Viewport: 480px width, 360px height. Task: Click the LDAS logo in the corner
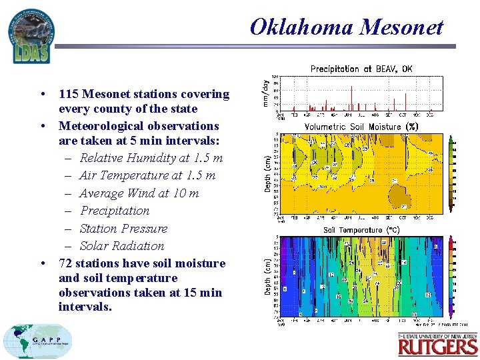(31, 37)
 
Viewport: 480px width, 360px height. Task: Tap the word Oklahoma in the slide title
(301, 27)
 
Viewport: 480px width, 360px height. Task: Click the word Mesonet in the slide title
(401, 27)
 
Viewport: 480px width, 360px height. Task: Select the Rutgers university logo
(437, 345)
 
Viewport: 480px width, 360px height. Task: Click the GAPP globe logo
(37, 341)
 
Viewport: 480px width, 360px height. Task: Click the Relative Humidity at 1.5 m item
(151, 158)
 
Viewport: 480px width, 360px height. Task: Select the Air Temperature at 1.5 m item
(147, 175)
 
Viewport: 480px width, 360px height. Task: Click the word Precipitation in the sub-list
(115, 211)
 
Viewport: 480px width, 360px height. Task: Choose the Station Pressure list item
(123, 228)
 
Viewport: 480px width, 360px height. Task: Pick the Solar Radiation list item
(121, 245)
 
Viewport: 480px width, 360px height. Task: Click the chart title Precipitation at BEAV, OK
(361, 69)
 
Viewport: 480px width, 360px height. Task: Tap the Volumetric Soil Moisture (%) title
(361, 127)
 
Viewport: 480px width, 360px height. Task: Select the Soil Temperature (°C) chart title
(361, 230)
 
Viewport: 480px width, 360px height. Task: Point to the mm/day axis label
(266, 93)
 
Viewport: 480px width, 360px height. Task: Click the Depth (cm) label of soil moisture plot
(268, 175)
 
